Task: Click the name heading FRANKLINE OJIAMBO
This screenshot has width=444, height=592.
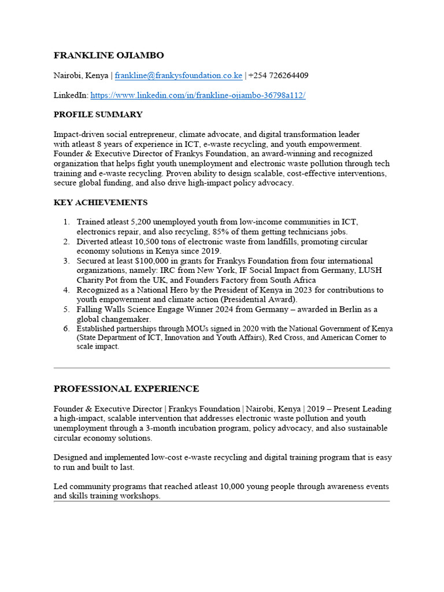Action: coord(109,55)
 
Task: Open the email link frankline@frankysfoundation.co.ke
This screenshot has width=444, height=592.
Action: coord(178,75)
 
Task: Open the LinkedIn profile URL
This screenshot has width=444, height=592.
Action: coord(198,95)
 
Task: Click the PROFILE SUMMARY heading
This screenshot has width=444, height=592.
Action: coord(98,114)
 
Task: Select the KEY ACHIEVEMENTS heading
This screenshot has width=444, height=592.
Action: coord(101,202)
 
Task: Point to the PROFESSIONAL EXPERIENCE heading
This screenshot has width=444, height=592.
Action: coord(126,388)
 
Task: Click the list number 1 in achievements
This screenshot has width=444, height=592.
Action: coord(66,222)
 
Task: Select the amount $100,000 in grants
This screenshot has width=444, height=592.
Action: coord(162,261)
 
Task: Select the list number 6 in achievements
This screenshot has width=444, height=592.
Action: coord(66,328)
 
